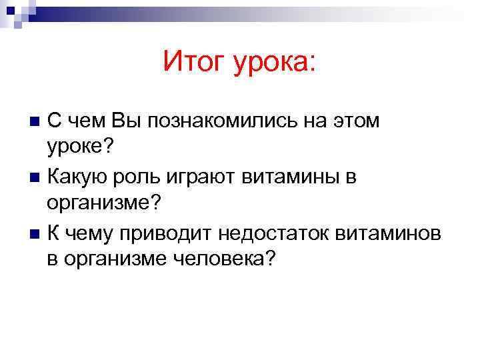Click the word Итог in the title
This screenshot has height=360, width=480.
click(193, 63)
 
